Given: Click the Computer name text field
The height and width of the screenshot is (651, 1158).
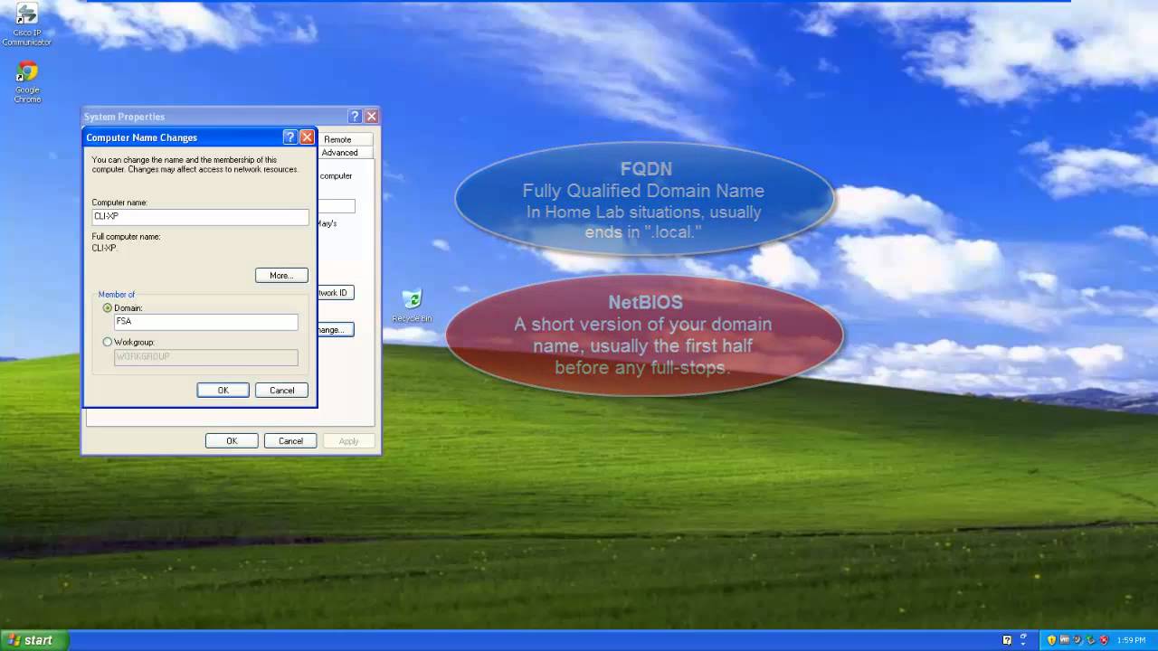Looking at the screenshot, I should click(200, 217).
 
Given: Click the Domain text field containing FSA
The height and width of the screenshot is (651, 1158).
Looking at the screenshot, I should click(206, 322).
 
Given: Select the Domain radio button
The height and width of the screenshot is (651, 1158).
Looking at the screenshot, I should click(108, 308).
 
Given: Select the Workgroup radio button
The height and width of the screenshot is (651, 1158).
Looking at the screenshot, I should click(108, 343).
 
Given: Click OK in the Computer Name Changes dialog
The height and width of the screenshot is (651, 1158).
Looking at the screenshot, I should click(223, 391).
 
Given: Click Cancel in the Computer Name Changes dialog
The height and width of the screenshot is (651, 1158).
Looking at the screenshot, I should click(281, 391).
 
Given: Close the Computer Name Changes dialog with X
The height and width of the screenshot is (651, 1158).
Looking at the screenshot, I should click(307, 137).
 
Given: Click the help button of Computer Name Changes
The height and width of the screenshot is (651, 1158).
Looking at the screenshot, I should click(289, 137).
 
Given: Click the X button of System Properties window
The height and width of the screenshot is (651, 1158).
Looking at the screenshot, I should click(371, 117).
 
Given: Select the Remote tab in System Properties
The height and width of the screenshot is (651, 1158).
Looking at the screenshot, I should click(337, 139).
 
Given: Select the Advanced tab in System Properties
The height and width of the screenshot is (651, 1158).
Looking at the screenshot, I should click(340, 153).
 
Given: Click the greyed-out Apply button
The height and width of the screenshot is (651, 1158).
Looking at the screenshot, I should click(348, 441).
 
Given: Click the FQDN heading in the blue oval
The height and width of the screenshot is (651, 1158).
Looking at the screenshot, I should click(645, 169).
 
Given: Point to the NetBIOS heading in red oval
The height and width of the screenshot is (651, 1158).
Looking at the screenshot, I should click(645, 303).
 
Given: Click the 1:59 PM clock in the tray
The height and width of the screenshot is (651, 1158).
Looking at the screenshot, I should click(1131, 640).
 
